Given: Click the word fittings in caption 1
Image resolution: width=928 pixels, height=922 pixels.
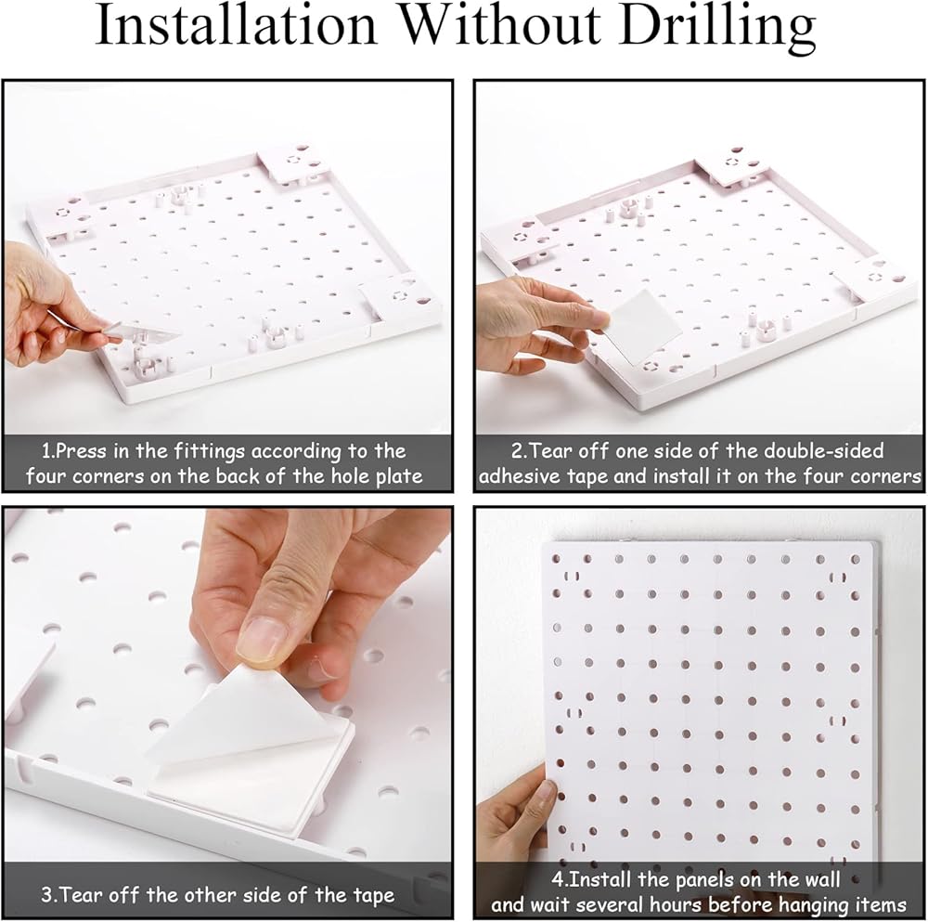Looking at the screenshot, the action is click(x=209, y=453).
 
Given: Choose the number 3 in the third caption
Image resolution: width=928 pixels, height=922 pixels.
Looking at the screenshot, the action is click(x=47, y=895).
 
